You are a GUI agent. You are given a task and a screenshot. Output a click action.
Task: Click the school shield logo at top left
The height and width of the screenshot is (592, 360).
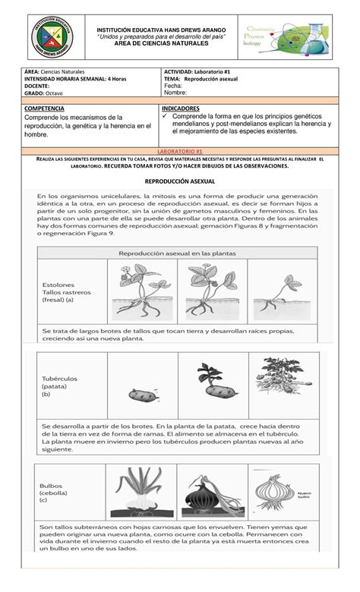[x=43, y=36]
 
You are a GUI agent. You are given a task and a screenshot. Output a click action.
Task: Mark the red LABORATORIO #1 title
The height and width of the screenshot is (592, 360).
[x=179, y=152]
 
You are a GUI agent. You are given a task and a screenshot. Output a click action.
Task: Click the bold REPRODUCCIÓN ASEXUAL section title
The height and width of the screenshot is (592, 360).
[x=180, y=182]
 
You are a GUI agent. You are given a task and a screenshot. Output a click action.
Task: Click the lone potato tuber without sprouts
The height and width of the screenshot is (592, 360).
[x=142, y=395]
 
